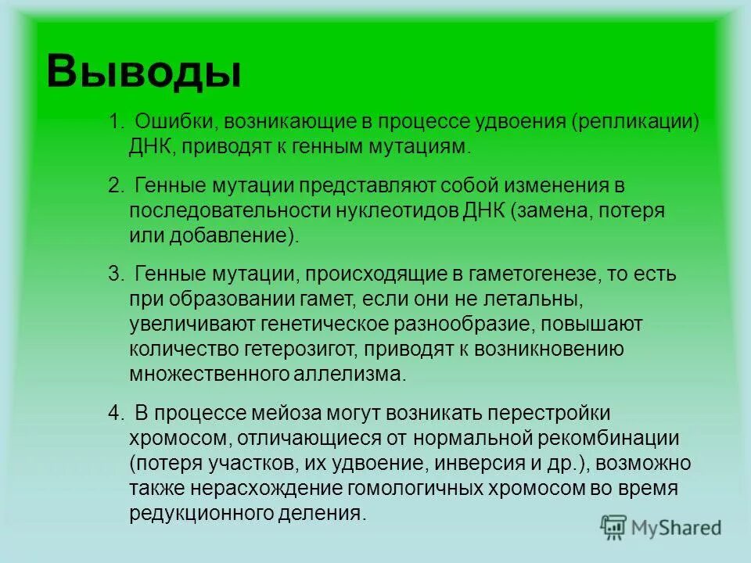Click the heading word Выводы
click(144, 72)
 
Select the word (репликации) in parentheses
click(634, 123)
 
